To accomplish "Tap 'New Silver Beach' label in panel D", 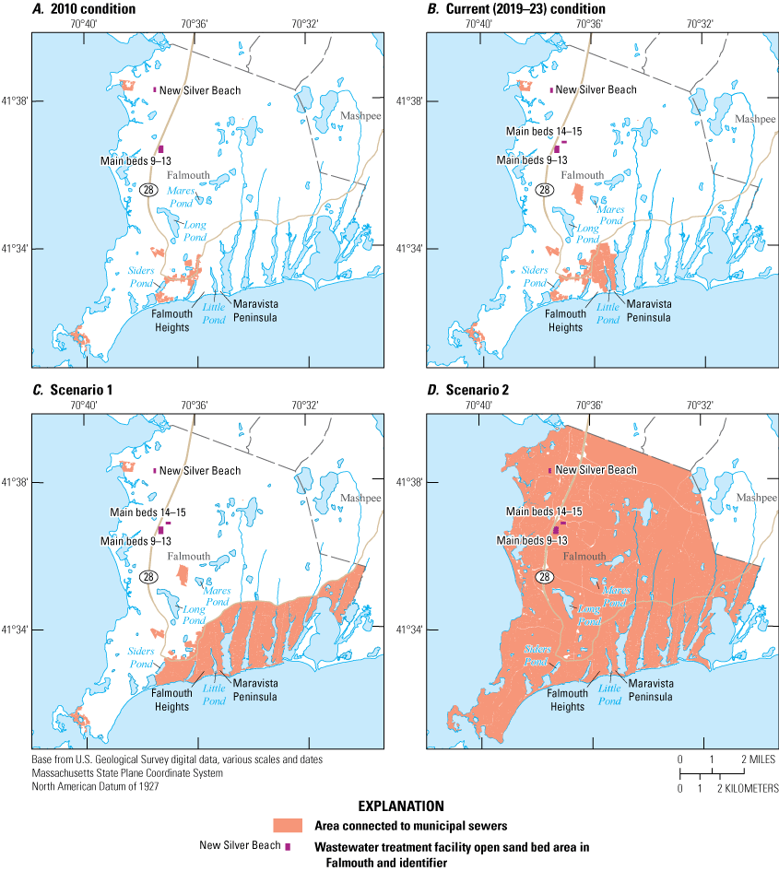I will click(595, 470).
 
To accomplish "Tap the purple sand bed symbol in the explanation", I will click(288, 846).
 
